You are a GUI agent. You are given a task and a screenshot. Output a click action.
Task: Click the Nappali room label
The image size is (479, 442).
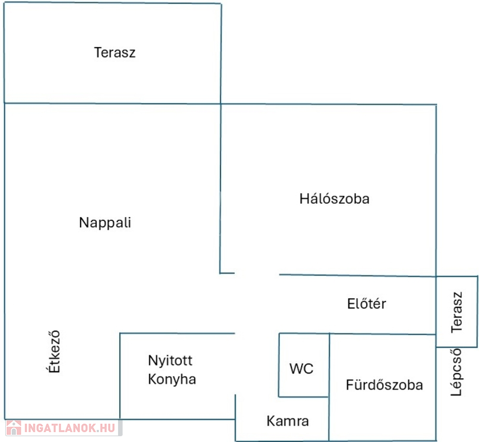105,223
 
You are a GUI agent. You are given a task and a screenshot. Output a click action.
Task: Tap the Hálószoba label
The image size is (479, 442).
334,199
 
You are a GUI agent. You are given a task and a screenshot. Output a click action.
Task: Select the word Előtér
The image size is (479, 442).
367,303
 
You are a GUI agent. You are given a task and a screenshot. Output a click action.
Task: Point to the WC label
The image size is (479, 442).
302,368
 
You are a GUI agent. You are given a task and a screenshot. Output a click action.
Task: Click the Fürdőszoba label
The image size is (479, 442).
384,385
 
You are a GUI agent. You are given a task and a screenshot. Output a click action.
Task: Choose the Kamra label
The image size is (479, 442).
288,421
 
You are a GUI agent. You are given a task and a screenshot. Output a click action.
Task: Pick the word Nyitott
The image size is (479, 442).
170,361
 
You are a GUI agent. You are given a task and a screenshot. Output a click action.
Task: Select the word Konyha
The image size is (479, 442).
172,380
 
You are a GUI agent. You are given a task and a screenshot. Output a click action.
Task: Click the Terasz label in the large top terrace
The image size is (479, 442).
115,53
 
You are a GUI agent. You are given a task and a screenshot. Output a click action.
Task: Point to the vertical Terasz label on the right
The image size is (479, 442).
457,313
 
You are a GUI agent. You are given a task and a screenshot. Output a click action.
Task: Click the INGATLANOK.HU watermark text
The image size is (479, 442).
69,428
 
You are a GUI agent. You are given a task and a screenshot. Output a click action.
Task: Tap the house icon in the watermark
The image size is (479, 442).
14,428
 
